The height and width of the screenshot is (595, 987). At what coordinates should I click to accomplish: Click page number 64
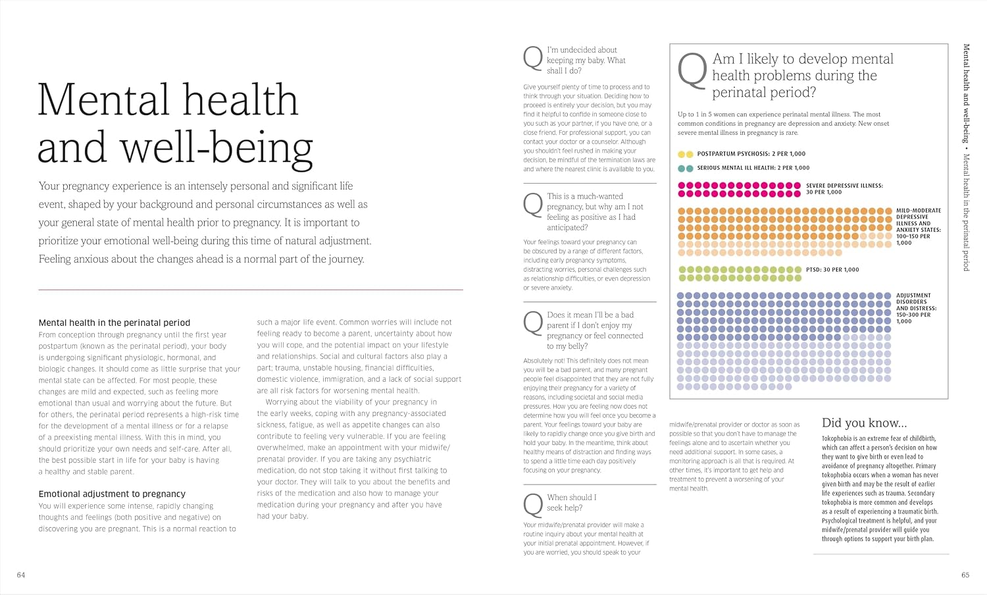[x=20, y=575]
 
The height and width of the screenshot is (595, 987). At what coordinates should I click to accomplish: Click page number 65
[x=965, y=575]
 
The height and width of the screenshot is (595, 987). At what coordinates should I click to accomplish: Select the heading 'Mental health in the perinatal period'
[x=114, y=323]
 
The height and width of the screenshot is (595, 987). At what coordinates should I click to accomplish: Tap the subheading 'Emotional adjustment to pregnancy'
[x=112, y=494]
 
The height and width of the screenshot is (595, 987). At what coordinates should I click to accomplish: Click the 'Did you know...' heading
[x=864, y=423]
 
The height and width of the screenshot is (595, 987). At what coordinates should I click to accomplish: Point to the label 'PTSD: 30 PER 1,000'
[x=832, y=270]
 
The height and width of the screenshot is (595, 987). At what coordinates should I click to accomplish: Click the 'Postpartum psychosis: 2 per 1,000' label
[x=751, y=154]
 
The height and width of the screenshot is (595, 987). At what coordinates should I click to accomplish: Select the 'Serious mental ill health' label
[x=753, y=168]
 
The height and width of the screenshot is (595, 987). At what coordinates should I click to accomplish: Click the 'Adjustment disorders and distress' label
[x=917, y=308]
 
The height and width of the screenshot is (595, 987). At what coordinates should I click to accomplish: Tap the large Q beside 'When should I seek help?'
[x=533, y=505]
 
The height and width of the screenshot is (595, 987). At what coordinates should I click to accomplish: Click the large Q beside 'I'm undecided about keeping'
[x=533, y=58]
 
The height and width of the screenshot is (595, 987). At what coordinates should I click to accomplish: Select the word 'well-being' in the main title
[x=216, y=147]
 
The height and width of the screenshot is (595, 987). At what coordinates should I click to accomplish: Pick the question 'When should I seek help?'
[x=572, y=502]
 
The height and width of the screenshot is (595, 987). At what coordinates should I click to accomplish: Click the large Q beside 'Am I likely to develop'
[x=692, y=70]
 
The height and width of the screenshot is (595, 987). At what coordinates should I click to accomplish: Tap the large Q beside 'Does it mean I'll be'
[x=533, y=323]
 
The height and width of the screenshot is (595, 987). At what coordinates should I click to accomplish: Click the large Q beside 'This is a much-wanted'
[x=533, y=205]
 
